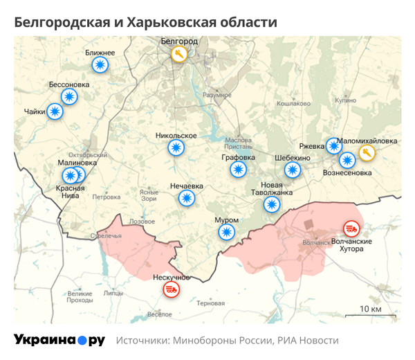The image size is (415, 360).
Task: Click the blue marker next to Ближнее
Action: pos(100,65)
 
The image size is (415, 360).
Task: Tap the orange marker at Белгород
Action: pos(179,54)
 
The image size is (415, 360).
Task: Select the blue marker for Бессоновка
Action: pos(68,97)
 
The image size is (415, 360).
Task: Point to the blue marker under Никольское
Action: pos(177,147)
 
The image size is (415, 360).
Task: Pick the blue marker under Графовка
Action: pos(239,170)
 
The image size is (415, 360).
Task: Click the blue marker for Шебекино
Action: pos(293,170)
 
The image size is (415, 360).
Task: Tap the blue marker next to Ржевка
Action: pos(335,146)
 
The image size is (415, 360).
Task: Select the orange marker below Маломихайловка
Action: pos(367,153)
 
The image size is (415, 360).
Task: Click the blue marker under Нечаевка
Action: pos(186,199)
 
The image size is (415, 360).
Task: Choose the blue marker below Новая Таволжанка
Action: pos(272,204)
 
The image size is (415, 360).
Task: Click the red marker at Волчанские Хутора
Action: pos(351,228)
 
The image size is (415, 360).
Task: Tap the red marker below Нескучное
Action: pos(171,289)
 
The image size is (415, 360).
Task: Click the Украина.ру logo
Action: pos(59,340)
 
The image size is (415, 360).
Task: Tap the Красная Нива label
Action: pos(71,192)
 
